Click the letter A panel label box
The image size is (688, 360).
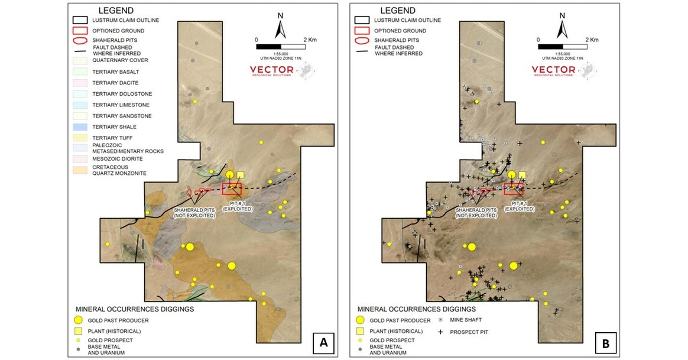(323, 342)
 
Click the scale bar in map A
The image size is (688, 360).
(281, 46)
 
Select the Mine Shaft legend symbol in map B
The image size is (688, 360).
(440, 320)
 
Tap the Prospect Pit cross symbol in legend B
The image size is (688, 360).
(440, 332)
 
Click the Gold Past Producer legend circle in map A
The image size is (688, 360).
(81, 320)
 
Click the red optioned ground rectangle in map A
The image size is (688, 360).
(232, 189)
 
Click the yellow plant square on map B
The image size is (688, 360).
(522, 175)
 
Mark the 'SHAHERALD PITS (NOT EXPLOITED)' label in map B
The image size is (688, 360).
(475, 212)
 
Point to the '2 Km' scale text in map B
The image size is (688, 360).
(592, 40)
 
